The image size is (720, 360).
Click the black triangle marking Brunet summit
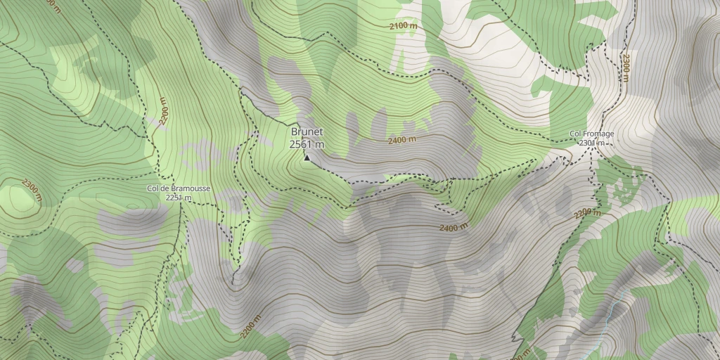[307, 157]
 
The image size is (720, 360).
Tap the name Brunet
[307, 131]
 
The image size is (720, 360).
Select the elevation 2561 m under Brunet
[307, 144]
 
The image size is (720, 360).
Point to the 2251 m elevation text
[179, 198]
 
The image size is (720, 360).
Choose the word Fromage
[600, 134]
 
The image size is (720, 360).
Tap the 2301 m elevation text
[592, 143]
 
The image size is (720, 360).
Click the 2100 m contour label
[403, 26]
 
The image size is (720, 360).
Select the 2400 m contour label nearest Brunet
[402, 140]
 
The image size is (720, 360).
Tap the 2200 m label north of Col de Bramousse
[163, 110]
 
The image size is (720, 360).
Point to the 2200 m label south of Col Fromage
[588, 213]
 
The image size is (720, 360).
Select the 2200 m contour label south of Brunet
[250, 326]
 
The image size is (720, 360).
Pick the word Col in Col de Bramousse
[154, 188]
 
